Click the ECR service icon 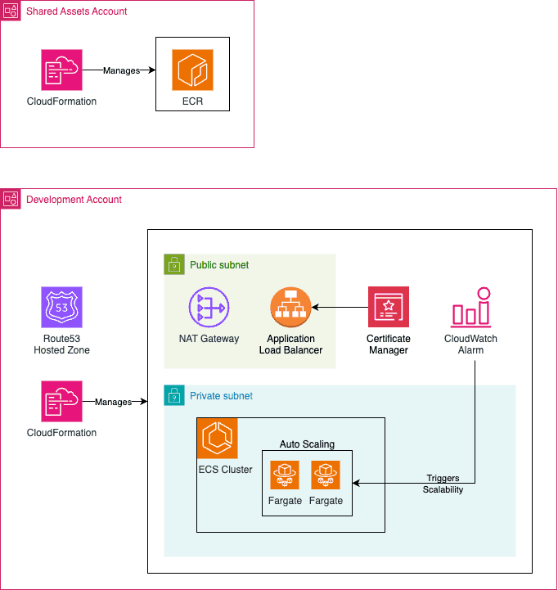[x=192, y=70]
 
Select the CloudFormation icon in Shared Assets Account [x=61, y=70]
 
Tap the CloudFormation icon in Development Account [x=61, y=401]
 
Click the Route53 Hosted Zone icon [x=61, y=307]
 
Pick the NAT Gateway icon [x=209, y=307]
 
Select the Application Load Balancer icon [x=290, y=307]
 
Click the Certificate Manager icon [x=389, y=307]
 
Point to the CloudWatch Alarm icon [x=470, y=307]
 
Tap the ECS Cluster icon [x=218, y=438]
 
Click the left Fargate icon [x=285, y=475]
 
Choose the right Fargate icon [x=326, y=475]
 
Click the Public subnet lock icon [x=174, y=264]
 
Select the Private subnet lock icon [x=174, y=395]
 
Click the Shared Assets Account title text [x=76, y=11]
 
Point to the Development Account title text [x=74, y=200]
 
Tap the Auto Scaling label [x=307, y=444]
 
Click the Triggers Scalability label [x=443, y=484]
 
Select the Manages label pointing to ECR [x=121, y=70]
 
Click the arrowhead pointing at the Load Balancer [x=315, y=308]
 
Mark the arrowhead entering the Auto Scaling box [x=356, y=483]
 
